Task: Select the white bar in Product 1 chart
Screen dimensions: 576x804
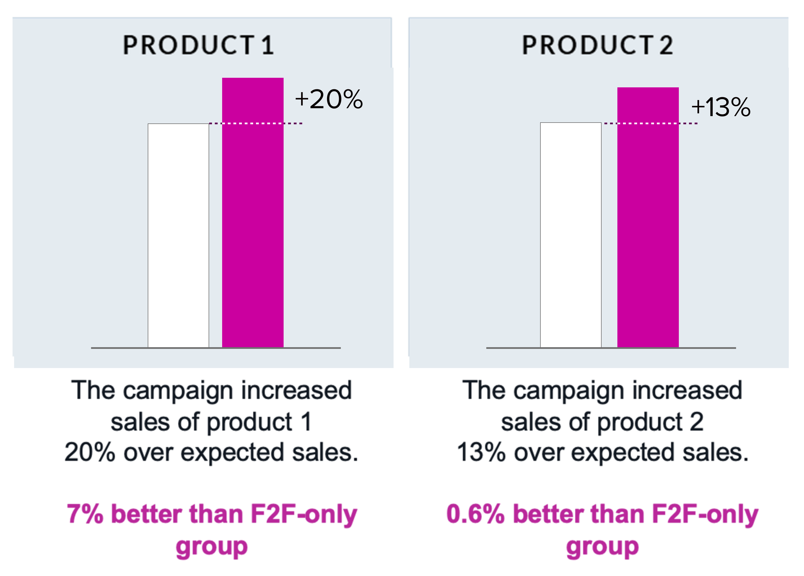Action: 178,236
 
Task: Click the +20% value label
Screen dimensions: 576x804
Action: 329,99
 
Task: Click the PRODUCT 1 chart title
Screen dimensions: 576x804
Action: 198,45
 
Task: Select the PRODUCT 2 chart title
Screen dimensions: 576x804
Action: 597,45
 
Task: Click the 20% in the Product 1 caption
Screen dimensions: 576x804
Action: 90,453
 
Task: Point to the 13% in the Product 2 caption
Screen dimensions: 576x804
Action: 481,453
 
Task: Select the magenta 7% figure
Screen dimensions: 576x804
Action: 85,514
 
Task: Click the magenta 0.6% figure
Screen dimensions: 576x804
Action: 475,514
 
